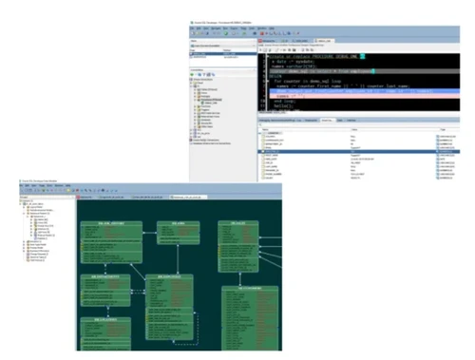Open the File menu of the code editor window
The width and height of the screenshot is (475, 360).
[194, 29]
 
